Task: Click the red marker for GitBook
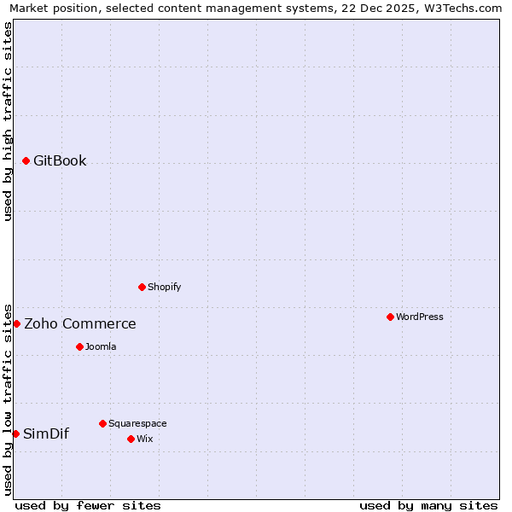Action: [x=26, y=160]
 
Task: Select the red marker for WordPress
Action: [x=390, y=317]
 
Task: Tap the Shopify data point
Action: [x=142, y=287]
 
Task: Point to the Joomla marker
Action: [x=79, y=346]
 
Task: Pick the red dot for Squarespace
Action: [x=102, y=423]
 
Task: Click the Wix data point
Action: [x=131, y=439]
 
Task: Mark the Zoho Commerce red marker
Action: [x=16, y=323]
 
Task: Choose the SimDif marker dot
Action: [x=15, y=433]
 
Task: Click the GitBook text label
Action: [x=60, y=160]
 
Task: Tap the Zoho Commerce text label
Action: [x=79, y=323]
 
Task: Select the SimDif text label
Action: [x=46, y=433]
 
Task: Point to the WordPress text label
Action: [x=420, y=317]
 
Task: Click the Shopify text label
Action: [x=164, y=287]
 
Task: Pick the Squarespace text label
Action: [x=137, y=423]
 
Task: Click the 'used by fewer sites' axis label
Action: [x=88, y=505]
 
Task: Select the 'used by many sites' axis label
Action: [x=428, y=505]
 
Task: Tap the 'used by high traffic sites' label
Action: [x=8, y=121]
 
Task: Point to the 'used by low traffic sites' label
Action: [x=8, y=399]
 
